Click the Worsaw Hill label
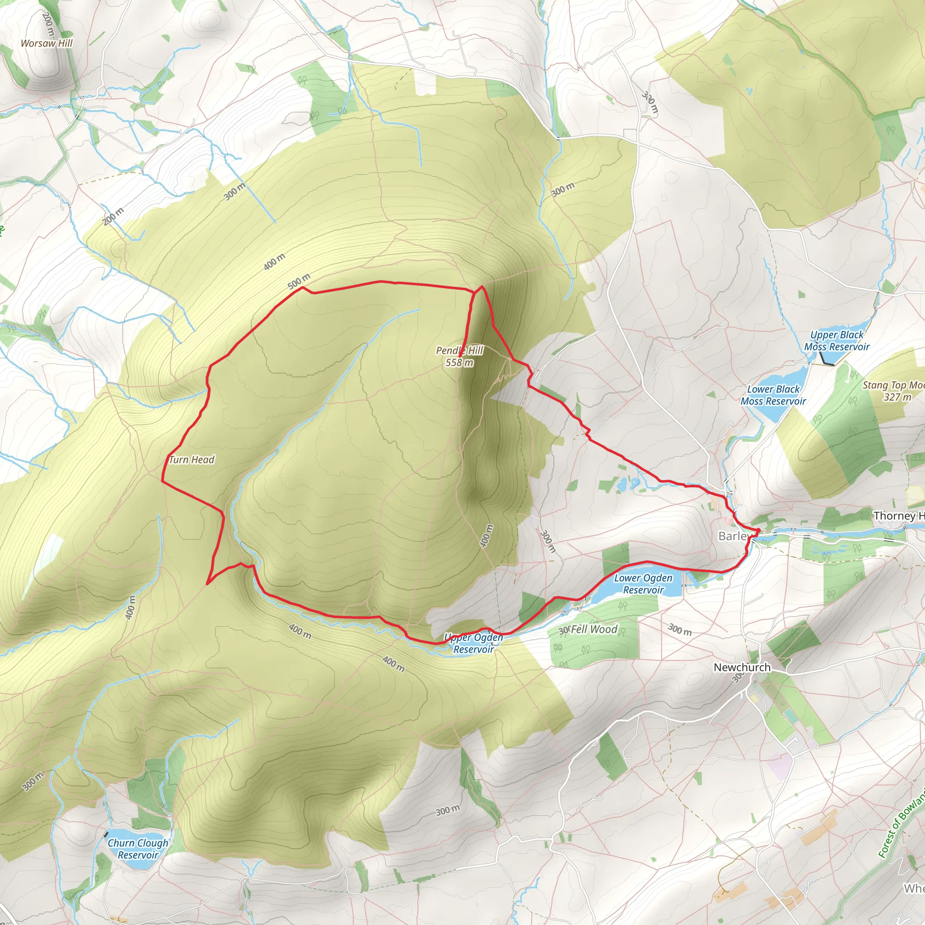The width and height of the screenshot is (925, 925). coord(47,43)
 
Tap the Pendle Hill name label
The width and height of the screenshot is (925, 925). coord(459,350)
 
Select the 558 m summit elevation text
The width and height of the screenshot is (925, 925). coord(459,362)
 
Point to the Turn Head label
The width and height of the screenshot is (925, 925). coord(192,460)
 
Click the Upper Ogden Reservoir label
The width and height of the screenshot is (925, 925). coord(473,643)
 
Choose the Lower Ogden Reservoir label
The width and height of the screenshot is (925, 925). coord(643,584)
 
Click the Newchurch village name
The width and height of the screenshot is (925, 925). coord(742,667)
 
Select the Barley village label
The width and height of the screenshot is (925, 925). coord(733,536)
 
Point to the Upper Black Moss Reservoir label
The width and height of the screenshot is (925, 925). coord(836,341)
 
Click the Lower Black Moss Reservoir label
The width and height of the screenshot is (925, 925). coord(773,395)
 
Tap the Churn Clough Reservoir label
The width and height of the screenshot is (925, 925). coord(138,848)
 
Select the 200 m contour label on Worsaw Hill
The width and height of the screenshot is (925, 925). coord(48,24)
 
